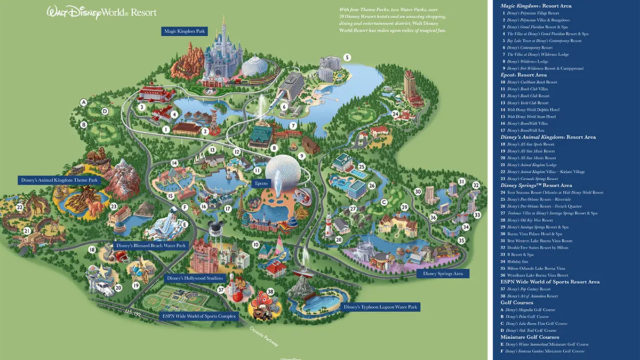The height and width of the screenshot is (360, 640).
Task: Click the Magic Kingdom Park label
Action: (x=184, y=31)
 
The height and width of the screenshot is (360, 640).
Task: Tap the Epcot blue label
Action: (x=262, y=183)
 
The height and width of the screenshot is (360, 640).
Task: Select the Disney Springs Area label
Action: (x=442, y=274)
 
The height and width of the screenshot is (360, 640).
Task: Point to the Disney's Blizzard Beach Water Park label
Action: (x=150, y=246)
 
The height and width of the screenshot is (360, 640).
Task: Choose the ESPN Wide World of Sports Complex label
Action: (x=199, y=316)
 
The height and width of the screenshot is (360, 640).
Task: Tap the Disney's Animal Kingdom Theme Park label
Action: (x=60, y=180)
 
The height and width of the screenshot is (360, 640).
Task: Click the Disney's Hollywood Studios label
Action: (x=197, y=278)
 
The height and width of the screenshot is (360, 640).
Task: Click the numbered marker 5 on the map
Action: (x=347, y=57)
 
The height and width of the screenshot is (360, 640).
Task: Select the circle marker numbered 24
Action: (x=395, y=114)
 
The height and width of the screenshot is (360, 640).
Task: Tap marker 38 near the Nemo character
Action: (x=270, y=292)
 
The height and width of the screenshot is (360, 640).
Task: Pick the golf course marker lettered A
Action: (x=83, y=102)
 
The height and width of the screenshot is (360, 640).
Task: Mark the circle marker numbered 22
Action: (x=20, y=207)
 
